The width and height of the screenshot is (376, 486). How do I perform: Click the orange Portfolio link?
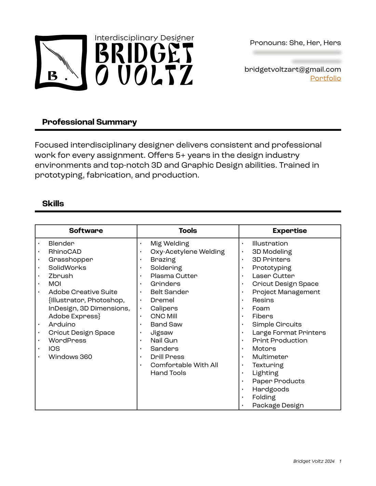(325, 78)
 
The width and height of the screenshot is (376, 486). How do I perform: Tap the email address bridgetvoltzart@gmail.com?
(293, 69)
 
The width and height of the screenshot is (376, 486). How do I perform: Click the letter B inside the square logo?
(53, 76)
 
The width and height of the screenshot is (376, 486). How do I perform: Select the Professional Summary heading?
(89, 122)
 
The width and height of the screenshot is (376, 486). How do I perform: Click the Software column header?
(86, 231)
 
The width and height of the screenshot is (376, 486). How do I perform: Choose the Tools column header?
(188, 231)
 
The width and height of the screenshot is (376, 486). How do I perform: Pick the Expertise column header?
(290, 231)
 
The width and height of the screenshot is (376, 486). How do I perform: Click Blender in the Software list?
(61, 244)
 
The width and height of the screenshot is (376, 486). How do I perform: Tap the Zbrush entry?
(61, 276)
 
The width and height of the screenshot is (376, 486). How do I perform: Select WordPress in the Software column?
(67, 341)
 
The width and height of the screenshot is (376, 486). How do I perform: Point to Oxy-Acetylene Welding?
(187, 252)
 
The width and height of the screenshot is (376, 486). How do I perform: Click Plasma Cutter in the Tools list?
(174, 276)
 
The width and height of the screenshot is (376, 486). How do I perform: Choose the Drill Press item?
(167, 357)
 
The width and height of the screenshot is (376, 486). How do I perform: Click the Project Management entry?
(286, 292)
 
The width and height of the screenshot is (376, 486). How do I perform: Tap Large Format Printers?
(289, 332)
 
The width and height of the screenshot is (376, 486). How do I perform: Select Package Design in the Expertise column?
(278, 405)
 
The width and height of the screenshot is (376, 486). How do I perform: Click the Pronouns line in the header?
(295, 43)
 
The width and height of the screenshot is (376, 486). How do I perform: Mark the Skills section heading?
(53, 204)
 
